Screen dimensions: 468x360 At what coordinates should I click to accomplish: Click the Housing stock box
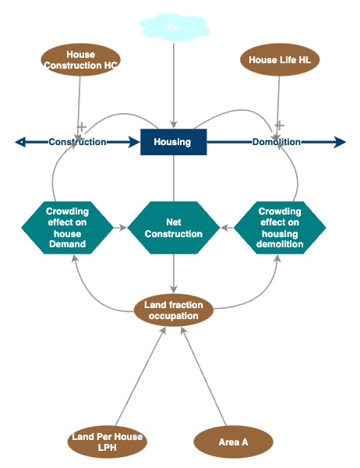tap(173, 142)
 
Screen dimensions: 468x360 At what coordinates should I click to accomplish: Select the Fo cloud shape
tap(173, 28)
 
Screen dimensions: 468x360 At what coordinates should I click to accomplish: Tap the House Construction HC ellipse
tap(80, 60)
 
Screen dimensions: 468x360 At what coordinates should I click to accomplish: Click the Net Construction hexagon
tap(173, 228)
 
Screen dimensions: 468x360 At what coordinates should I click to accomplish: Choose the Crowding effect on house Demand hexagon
tap(67, 228)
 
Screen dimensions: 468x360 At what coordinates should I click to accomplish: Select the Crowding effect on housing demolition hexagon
tap(280, 228)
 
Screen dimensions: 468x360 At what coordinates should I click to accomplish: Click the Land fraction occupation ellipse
tap(173, 310)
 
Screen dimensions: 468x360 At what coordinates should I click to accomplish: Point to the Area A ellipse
tap(233, 442)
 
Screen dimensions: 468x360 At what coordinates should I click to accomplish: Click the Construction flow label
tap(77, 142)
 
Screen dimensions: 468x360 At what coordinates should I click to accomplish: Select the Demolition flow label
tap(276, 142)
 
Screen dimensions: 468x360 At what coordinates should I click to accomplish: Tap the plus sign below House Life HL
tap(279, 125)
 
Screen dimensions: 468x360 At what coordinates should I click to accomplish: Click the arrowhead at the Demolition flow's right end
tap(340, 142)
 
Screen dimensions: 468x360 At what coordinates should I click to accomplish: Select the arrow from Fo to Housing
tap(173, 86)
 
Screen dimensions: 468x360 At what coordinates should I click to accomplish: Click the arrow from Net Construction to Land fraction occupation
tap(173, 273)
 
